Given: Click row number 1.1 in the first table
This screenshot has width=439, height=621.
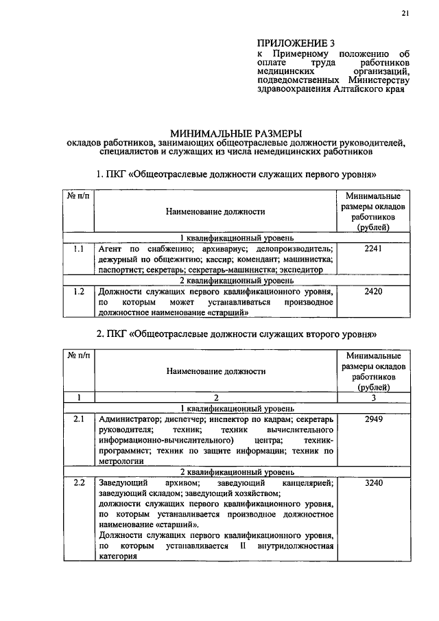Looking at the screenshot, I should (x=78, y=248).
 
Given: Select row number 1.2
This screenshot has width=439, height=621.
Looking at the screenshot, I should (x=78, y=291).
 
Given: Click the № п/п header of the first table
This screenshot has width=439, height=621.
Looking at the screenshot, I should (x=78, y=196).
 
